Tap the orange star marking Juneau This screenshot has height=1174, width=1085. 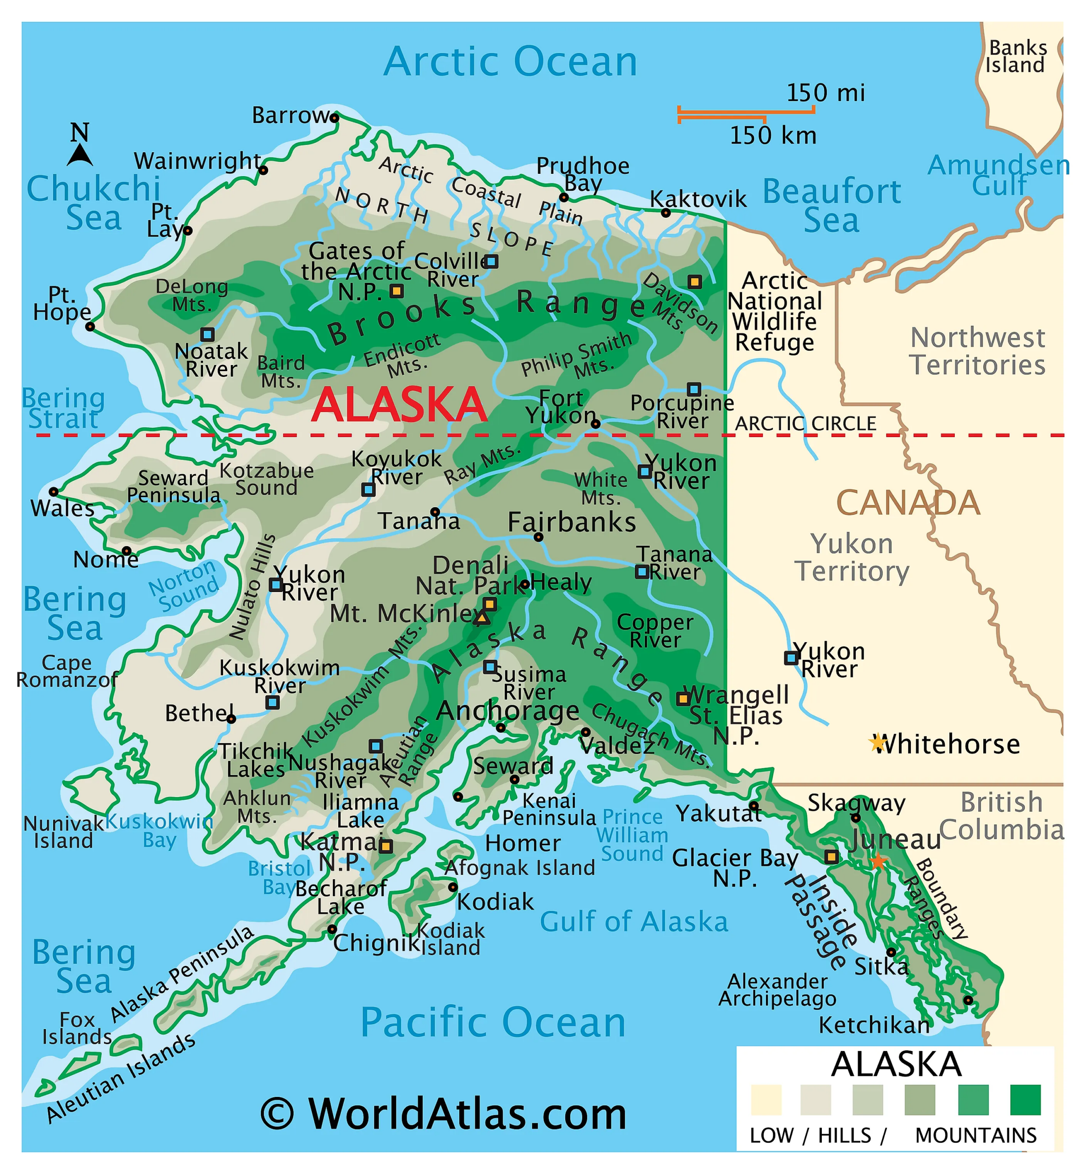(x=878, y=862)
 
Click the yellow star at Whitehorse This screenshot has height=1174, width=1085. (x=877, y=743)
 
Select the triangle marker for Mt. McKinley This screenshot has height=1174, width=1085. (x=482, y=618)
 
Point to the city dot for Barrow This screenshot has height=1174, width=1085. (x=335, y=117)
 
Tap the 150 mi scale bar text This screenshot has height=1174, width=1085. (x=825, y=93)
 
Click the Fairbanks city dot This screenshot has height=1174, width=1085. (x=539, y=537)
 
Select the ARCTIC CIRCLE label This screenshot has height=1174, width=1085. (x=805, y=423)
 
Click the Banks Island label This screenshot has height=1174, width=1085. (x=1017, y=56)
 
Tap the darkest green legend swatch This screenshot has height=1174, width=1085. (x=1025, y=1099)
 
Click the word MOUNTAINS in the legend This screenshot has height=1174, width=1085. (x=976, y=1135)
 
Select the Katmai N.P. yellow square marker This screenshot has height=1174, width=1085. (x=386, y=846)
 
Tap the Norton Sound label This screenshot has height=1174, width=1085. (x=183, y=585)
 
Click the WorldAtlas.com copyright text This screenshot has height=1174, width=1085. (x=444, y=1113)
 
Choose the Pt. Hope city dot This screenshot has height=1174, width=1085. (x=90, y=327)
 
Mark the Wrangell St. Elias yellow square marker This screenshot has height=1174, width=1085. (x=682, y=698)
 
